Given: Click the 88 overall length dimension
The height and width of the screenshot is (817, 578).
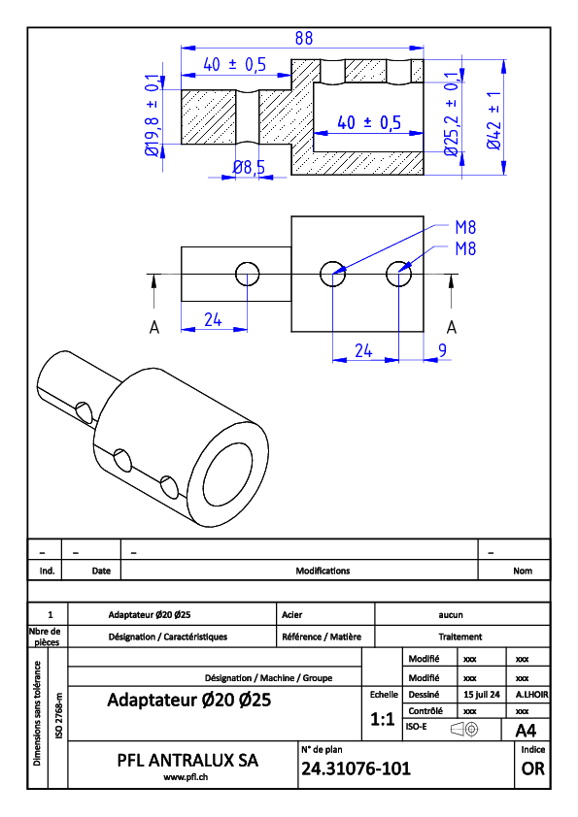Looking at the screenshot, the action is coord(304,38).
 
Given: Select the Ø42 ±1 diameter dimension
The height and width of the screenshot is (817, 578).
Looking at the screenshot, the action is coord(494,120).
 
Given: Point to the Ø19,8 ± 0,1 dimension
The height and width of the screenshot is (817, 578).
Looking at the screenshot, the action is coord(153,115).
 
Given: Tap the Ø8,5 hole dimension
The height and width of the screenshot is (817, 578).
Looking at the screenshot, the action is coord(249,167).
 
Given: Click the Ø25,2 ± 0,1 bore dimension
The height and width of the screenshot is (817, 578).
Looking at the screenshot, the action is coord(452,114).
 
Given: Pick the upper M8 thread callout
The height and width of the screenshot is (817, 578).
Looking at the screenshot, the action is coord(465,227).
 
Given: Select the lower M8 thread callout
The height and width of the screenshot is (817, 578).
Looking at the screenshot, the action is coord(465,248).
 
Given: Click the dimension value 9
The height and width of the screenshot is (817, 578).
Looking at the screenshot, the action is coord(442,350).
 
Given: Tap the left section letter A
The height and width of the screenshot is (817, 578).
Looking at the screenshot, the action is coord(153,327).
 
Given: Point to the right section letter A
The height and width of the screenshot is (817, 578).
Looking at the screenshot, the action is coord(452,327).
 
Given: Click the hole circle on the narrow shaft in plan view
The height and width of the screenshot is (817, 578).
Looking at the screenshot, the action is coord(248,262).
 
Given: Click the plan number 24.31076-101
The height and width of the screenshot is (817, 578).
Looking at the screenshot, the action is coord(356,768).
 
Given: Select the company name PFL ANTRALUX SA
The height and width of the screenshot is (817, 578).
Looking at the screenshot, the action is coord(187,760).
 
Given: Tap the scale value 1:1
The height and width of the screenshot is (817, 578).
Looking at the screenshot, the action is coord(382,720).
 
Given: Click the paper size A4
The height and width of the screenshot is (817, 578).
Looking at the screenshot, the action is coord(526,731).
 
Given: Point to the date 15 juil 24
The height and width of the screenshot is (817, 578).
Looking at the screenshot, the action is coord(482,695).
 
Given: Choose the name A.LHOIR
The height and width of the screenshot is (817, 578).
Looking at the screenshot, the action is coord(531,695).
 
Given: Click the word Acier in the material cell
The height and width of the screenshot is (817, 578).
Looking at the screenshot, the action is coord(292,615).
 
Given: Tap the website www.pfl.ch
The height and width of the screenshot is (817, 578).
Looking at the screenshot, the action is coord(186,777).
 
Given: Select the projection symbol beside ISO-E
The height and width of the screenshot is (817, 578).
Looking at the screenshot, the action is coord(464,729).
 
